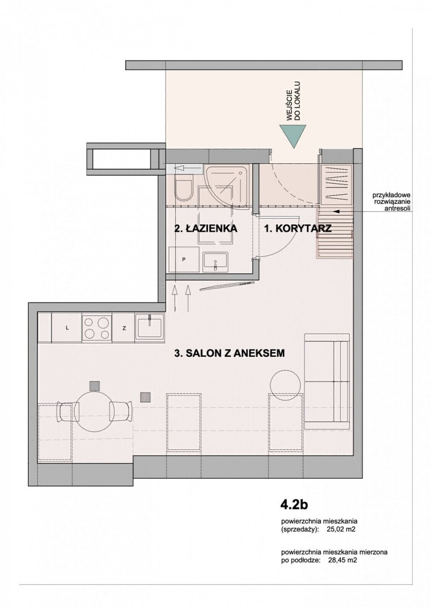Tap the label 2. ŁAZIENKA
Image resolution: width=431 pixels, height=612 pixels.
point(205,228)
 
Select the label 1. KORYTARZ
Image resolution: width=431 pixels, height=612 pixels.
point(298,228)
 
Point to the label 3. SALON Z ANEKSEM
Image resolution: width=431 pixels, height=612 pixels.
point(229,353)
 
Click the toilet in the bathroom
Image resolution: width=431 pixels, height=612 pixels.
point(183,188)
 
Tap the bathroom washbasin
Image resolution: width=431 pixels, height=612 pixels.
point(215,262)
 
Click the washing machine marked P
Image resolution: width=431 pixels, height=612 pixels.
point(184,259)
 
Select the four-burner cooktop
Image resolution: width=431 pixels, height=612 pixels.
point(97,328)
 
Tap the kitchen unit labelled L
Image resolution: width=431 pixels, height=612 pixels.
point(67,328)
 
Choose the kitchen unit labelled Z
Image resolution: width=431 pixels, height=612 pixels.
point(124,328)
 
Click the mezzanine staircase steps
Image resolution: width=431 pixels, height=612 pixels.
point(334,232)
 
